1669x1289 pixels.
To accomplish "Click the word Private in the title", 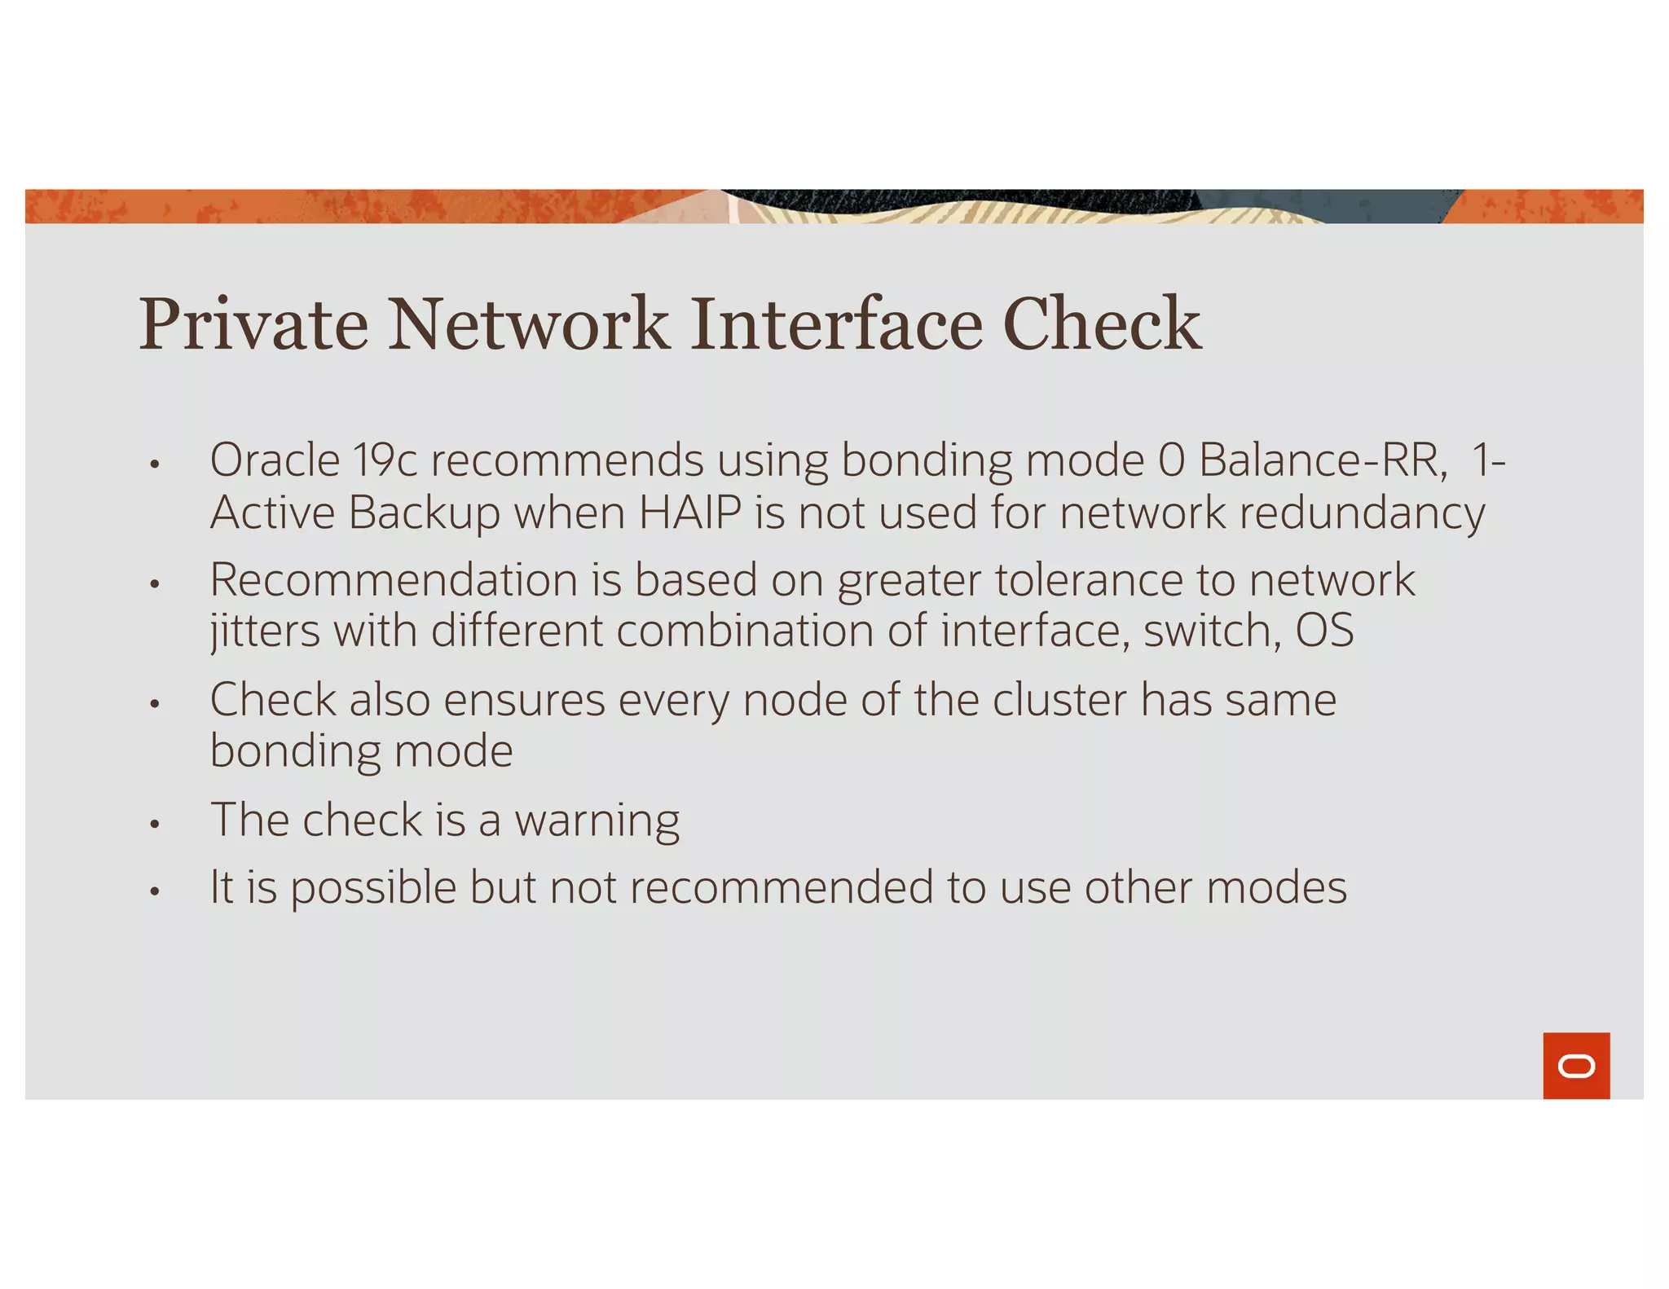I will [x=253, y=324].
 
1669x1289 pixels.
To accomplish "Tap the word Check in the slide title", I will [x=1101, y=324].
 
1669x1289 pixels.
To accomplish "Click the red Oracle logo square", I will [x=1575, y=1065].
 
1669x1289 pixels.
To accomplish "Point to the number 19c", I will [x=385, y=460].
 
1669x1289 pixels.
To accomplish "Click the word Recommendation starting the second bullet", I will [x=394, y=580].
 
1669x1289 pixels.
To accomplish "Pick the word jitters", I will [x=265, y=631].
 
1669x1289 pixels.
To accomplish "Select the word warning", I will [x=597, y=820].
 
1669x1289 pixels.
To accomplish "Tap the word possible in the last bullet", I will [x=373, y=888].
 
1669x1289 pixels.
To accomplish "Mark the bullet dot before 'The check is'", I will [x=154, y=824].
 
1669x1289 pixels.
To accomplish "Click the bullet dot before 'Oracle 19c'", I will [x=154, y=464].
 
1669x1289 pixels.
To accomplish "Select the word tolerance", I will [x=1089, y=580].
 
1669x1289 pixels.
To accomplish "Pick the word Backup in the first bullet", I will [x=424, y=513].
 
